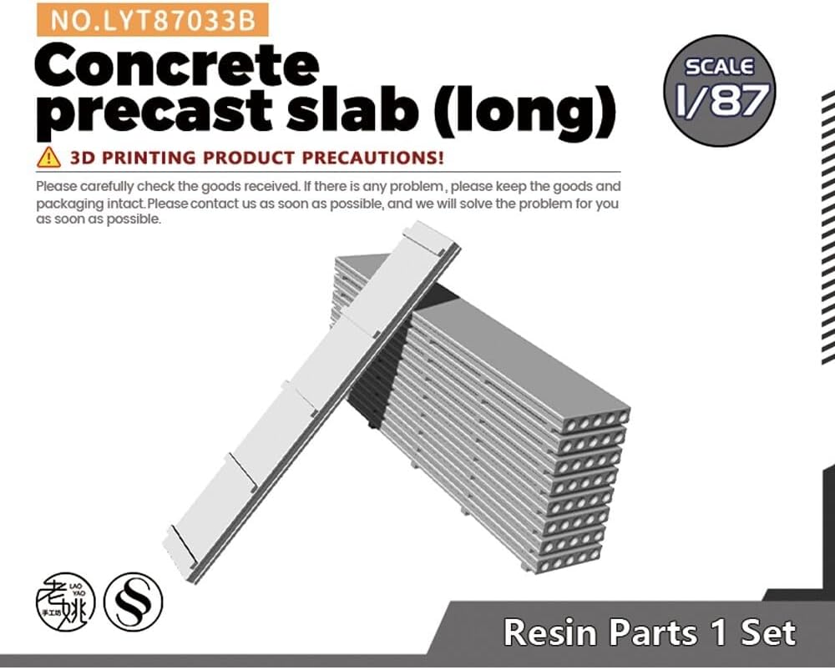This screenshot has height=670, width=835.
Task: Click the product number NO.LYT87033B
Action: pyautogui.click(x=153, y=20)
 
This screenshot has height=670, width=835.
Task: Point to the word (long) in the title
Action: pyautogui.click(x=525, y=112)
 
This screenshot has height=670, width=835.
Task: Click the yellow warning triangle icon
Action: pyautogui.click(x=48, y=158)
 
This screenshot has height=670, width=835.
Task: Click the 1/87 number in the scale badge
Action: pyautogui.click(x=722, y=99)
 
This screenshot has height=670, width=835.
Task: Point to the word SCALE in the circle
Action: pyautogui.click(x=720, y=67)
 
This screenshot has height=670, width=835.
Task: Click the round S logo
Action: pyautogui.click(x=133, y=602)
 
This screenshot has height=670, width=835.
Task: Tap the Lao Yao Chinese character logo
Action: pyautogui.click(x=65, y=602)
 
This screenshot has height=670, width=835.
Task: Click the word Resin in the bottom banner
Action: pyautogui.click(x=550, y=632)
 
